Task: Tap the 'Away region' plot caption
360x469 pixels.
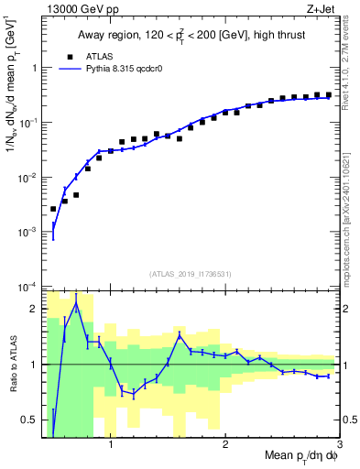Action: click(x=190, y=36)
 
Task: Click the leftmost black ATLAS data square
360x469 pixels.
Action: click(x=53, y=209)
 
